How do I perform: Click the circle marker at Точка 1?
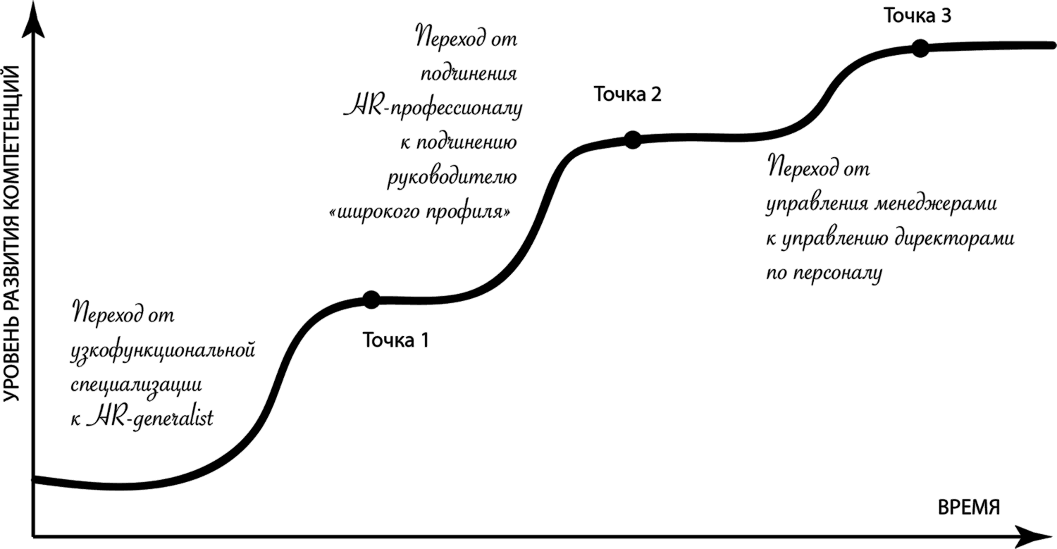point(370,300)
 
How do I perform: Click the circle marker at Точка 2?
point(632,140)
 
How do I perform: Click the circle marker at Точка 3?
point(919,48)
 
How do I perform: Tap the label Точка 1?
point(395,340)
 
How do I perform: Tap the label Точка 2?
point(627,94)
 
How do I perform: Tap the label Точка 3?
point(917,16)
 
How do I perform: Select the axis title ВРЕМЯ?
point(969,507)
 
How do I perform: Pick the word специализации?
point(137,385)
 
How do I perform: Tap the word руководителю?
point(452,175)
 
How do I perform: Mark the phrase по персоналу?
point(824,273)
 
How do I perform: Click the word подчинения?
point(469,74)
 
